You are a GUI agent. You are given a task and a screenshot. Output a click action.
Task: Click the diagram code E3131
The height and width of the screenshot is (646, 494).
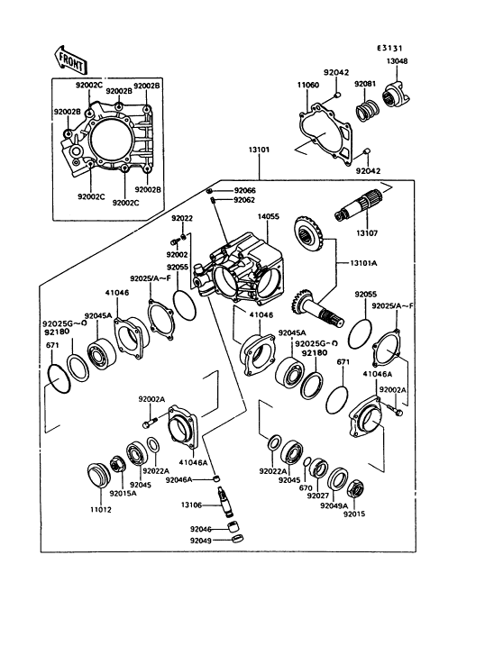389,49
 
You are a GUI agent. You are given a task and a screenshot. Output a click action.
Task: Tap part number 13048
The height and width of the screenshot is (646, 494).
397,61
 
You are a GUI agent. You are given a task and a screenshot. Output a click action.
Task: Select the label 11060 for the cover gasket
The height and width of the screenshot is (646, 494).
308,86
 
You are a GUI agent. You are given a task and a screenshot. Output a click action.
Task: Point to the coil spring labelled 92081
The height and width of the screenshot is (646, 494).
367,111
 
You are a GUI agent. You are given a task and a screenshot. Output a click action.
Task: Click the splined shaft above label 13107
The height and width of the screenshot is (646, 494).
357,205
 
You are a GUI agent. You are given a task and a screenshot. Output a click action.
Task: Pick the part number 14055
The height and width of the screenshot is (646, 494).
269,217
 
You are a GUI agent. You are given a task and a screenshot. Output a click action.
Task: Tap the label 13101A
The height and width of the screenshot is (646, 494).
363,263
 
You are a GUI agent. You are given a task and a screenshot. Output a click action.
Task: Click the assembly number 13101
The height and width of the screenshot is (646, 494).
259,150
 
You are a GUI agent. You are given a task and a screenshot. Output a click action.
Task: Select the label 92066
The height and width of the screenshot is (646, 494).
245,191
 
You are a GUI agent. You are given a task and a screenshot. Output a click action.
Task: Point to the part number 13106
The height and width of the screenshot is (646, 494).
191,505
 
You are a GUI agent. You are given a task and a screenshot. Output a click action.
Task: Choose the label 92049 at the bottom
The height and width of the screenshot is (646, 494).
201,540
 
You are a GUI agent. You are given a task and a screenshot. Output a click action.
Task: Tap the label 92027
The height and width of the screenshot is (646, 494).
318,496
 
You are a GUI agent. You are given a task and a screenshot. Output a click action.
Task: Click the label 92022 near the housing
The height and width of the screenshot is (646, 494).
182,218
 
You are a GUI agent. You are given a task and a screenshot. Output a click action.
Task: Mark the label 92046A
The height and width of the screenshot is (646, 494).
179,480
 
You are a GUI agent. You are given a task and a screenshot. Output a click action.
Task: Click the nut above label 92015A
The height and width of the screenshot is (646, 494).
116,466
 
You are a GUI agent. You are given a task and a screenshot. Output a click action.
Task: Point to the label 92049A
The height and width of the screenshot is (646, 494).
334,505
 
